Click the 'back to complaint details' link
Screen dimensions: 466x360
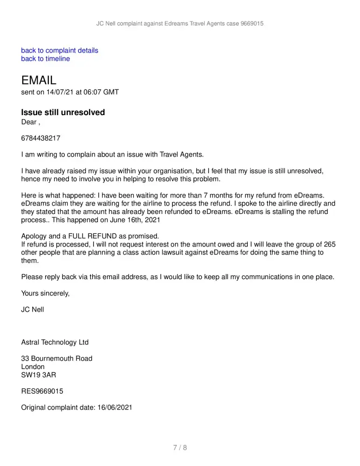(x=60, y=50)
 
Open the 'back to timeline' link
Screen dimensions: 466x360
(x=46, y=59)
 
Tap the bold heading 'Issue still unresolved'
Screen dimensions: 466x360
(x=63, y=112)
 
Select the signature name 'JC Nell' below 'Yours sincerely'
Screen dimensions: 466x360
(x=33, y=309)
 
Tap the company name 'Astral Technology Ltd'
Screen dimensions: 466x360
(x=55, y=342)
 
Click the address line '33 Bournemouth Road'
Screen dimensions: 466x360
(x=57, y=358)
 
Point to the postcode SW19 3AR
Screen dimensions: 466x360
(x=39, y=375)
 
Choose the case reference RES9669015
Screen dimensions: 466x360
(x=42, y=391)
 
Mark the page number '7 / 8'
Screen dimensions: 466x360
(x=180, y=448)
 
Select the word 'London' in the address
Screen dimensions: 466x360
(x=33, y=367)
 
